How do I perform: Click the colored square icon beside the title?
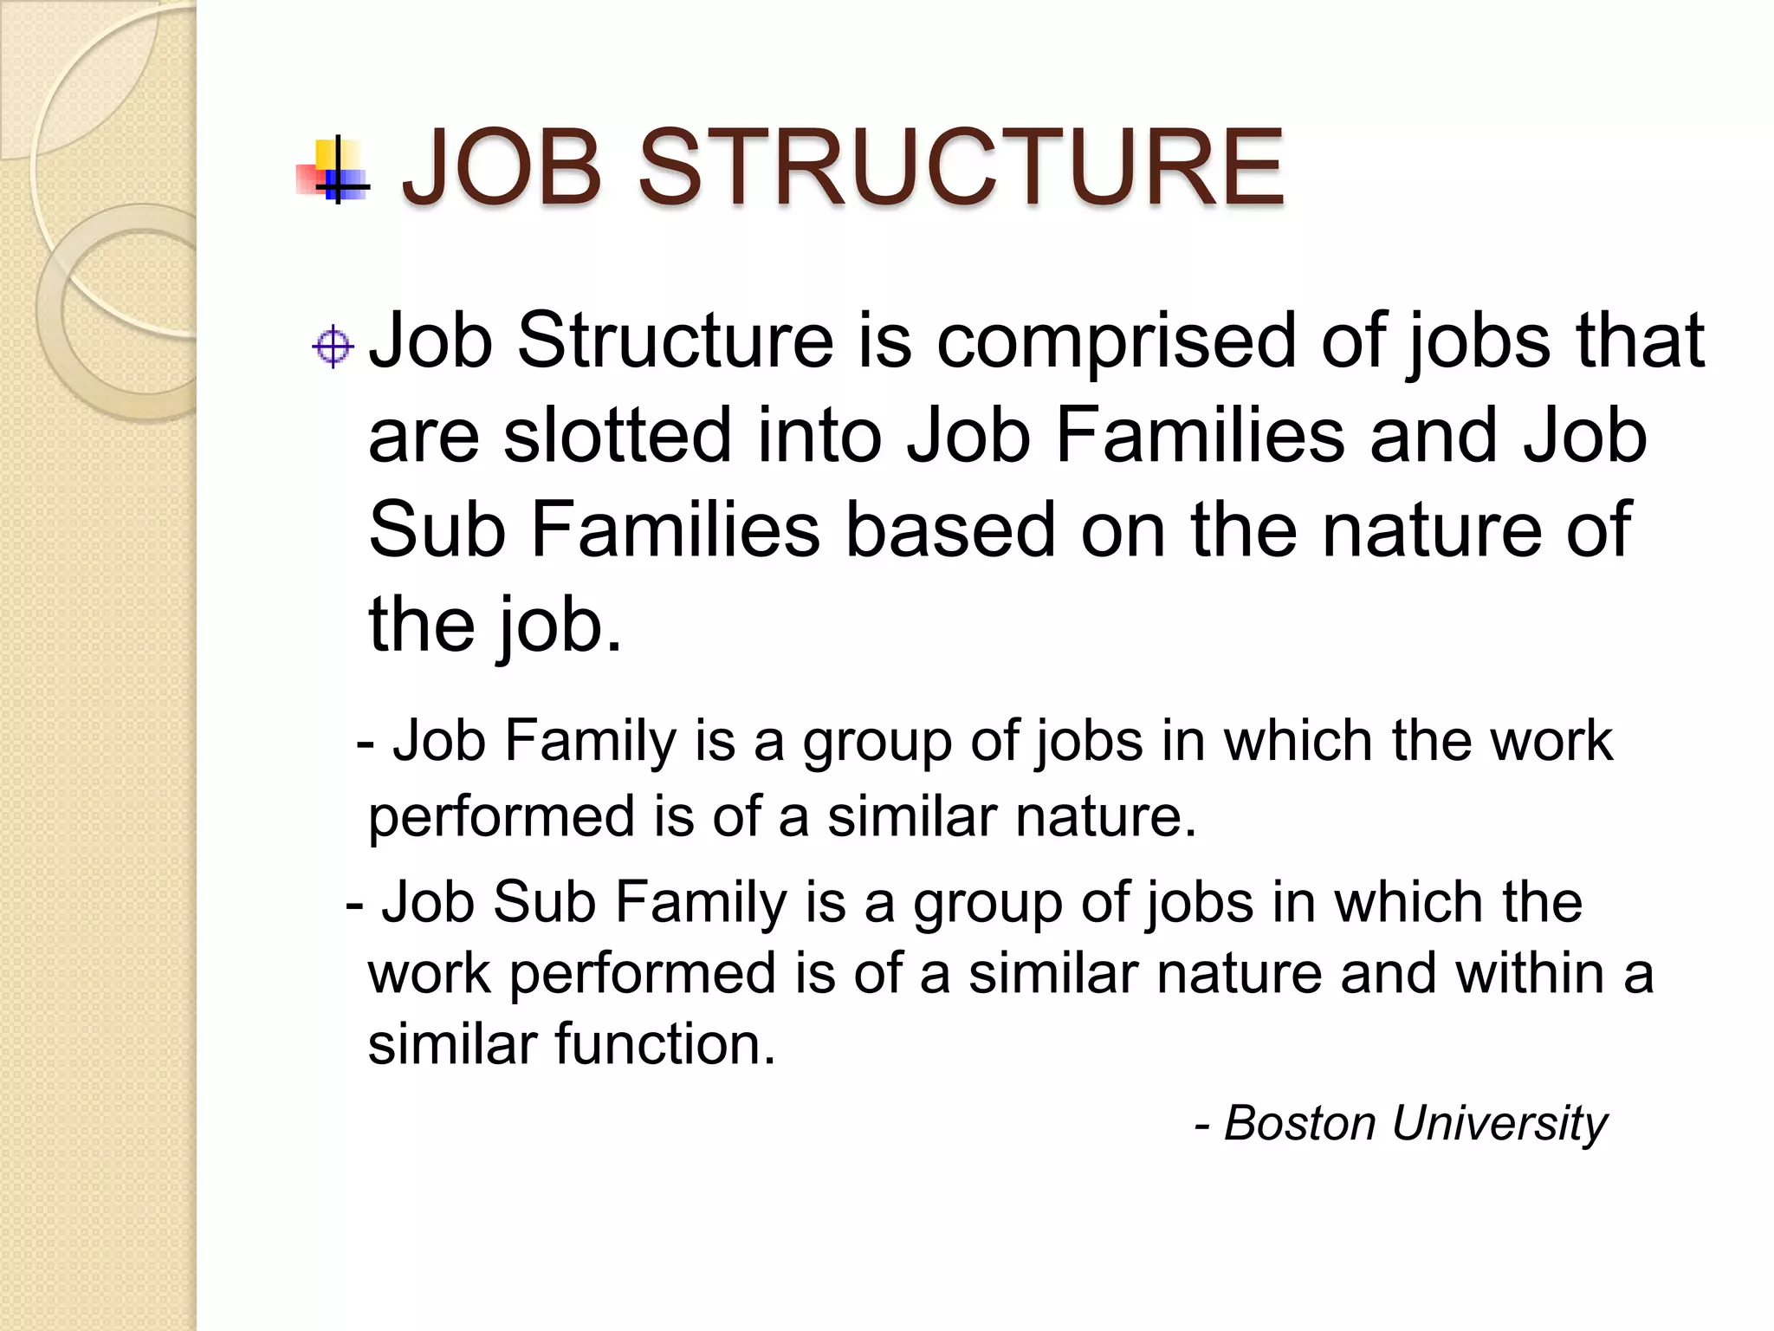coord(333,169)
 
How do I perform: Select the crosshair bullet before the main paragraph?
coord(333,347)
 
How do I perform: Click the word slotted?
coord(618,436)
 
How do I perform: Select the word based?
coord(950,529)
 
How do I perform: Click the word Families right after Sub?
coord(675,529)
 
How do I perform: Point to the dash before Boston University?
coord(1202,1125)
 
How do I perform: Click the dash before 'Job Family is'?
coord(366,743)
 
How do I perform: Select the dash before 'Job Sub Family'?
coord(354,904)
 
